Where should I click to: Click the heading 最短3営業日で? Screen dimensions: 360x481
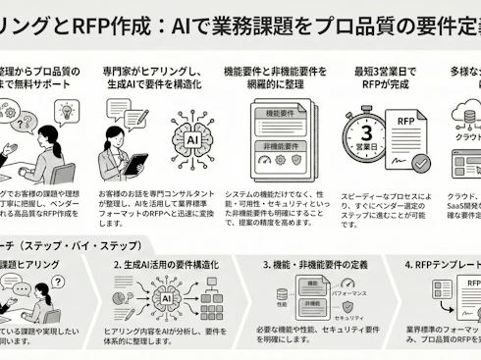pos(378,72)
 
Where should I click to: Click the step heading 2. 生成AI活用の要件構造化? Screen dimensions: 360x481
pos(174,265)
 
